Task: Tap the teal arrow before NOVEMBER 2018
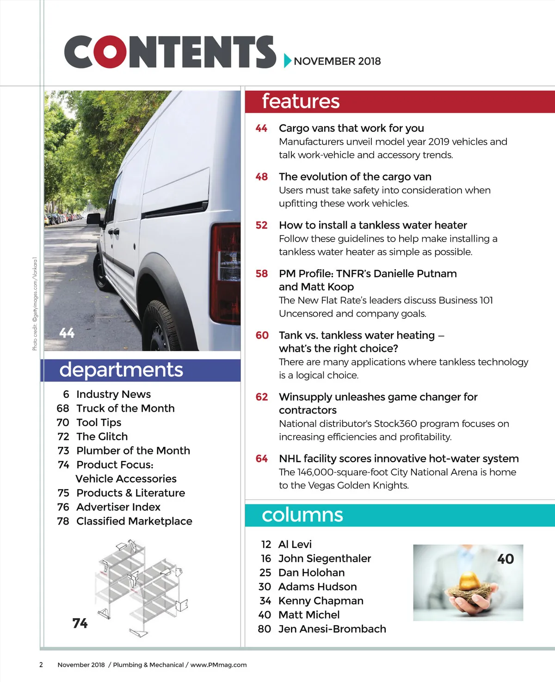click(x=287, y=61)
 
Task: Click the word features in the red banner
click(x=301, y=101)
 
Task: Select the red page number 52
click(x=261, y=225)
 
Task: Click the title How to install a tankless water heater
click(x=373, y=225)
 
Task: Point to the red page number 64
click(x=261, y=459)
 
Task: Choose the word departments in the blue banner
click(x=121, y=370)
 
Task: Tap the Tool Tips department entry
click(x=99, y=422)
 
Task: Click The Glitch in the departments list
click(x=102, y=436)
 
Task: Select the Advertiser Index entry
click(x=118, y=507)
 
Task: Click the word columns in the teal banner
click(x=302, y=515)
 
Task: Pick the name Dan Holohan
click(x=311, y=573)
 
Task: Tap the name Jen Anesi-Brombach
click(x=332, y=629)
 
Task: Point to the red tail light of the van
click(x=225, y=273)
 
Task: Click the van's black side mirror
click(x=94, y=218)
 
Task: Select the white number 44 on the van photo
click(x=67, y=333)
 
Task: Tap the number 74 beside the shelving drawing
click(x=80, y=623)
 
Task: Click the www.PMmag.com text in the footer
click(x=218, y=665)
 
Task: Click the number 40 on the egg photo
click(x=506, y=559)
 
